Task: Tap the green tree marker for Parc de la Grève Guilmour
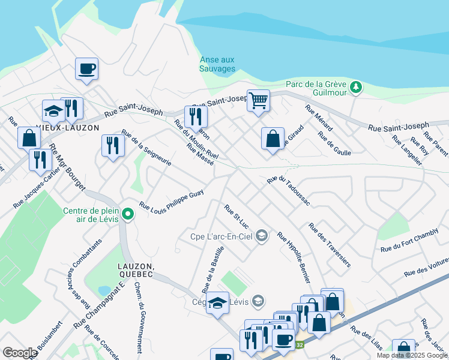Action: pos(356,88)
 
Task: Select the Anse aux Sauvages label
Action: pos(217,64)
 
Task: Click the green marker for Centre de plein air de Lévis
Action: pos(127,214)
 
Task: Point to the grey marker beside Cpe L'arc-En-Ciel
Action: pos(261,236)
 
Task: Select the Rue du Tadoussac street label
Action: pos(289,190)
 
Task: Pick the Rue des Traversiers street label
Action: pos(330,245)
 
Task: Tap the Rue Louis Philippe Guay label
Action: pos(172,200)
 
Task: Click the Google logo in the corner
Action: pos(20,353)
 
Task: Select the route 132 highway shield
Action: pos(300,344)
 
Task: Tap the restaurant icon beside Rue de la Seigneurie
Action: pos(113,146)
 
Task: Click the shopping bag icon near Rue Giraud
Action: pos(273,139)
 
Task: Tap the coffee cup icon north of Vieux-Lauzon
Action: pos(86,68)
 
